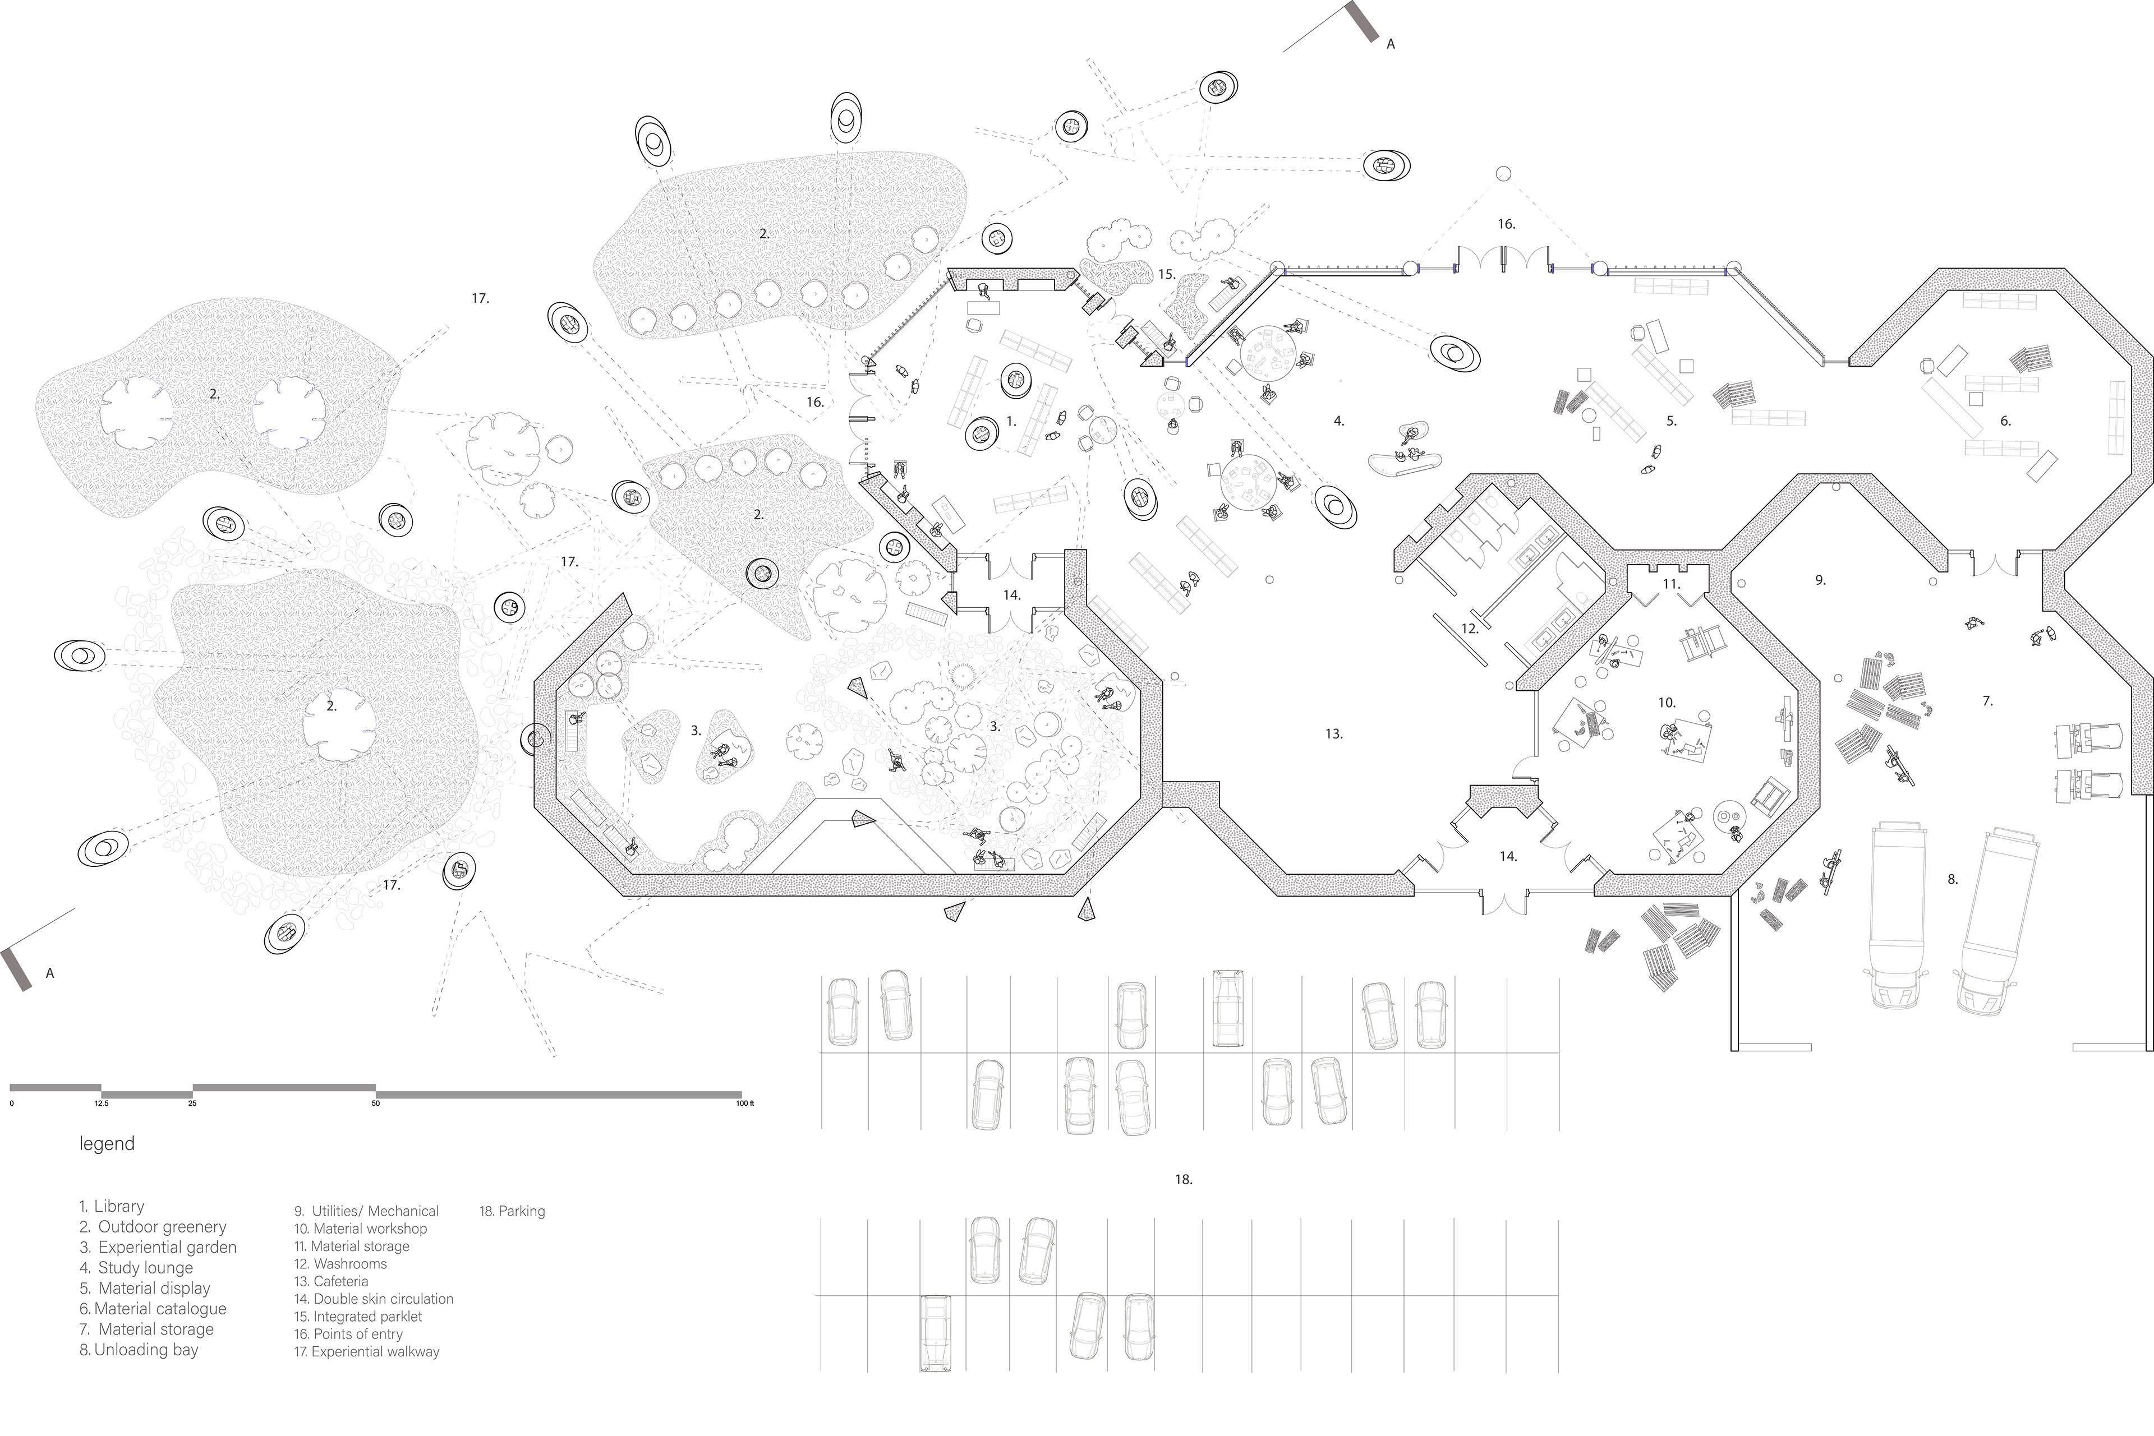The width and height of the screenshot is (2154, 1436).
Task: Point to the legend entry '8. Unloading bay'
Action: (x=139, y=1349)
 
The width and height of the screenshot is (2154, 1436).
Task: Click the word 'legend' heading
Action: (x=107, y=1144)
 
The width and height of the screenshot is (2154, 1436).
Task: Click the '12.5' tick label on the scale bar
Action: (x=101, y=1103)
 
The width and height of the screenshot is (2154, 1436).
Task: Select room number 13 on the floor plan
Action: (x=1333, y=733)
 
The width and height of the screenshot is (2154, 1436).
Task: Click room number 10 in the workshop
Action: (x=1667, y=703)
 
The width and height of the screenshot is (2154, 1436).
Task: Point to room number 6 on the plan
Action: (x=2005, y=421)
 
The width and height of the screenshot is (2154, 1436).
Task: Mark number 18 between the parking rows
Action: (x=1184, y=1180)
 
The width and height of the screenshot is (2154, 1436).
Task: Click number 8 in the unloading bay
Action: (x=1953, y=879)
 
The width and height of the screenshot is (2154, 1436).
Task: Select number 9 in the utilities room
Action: (x=1820, y=580)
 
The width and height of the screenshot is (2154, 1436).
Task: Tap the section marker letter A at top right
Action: (x=1390, y=44)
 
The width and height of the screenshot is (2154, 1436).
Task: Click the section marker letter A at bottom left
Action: (x=50, y=973)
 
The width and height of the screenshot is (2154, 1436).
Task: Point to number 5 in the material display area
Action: (x=1671, y=421)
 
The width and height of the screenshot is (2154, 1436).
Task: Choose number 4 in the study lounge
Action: (x=1338, y=421)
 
